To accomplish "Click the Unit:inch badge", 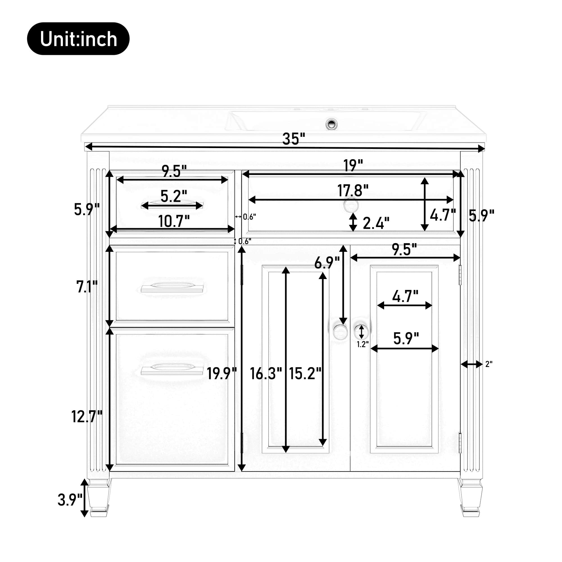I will (x=78, y=39).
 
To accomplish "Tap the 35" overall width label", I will (x=294, y=139).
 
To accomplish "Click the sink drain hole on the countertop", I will (x=331, y=124).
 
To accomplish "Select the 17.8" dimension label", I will (x=353, y=191).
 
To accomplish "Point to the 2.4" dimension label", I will (x=376, y=223).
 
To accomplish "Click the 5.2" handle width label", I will (x=174, y=196).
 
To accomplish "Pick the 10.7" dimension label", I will (x=174, y=221).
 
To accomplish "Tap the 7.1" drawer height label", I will (x=87, y=287).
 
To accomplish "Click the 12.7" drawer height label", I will (x=87, y=416).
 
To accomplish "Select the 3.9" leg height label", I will (x=70, y=500).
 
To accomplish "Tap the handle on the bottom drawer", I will (x=172, y=370).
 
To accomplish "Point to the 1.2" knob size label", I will (x=363, y=345).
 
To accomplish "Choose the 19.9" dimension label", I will (x=222, y=373).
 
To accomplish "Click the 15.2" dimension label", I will (x=305, y=373).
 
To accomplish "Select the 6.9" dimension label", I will (x=327, y=263).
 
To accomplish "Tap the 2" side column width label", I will (x=489, y=364).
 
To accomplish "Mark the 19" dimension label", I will (x=353, y=165).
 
